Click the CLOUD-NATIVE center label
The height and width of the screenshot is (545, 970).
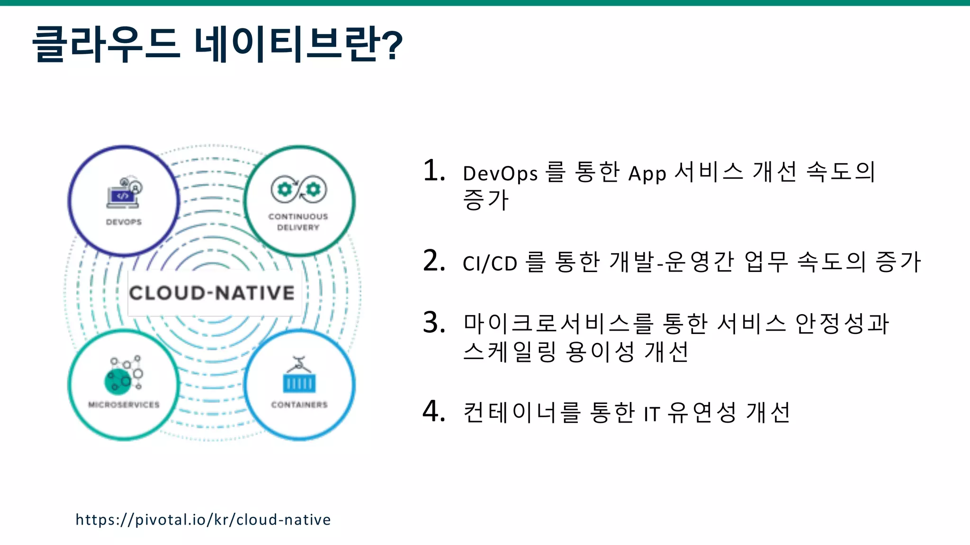(212, 293)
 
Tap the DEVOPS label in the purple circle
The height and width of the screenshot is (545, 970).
(124, 222)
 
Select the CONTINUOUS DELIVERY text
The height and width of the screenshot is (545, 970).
(298, 222)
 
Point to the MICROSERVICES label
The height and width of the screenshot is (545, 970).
(124, 404)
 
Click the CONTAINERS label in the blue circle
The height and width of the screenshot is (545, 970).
(299, 404)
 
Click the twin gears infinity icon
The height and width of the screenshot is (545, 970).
(298, 189)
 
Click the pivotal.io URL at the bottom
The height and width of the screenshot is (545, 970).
(203, 519)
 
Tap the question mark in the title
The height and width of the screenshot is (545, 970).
(392, 45)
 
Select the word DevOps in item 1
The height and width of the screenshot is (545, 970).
(500, 174)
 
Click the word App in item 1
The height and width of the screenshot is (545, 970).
(647, 174)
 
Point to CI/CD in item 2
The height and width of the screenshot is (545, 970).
(490, 264)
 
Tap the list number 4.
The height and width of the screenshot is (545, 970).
(433, 411)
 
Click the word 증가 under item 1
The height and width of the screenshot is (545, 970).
(485, 200)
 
